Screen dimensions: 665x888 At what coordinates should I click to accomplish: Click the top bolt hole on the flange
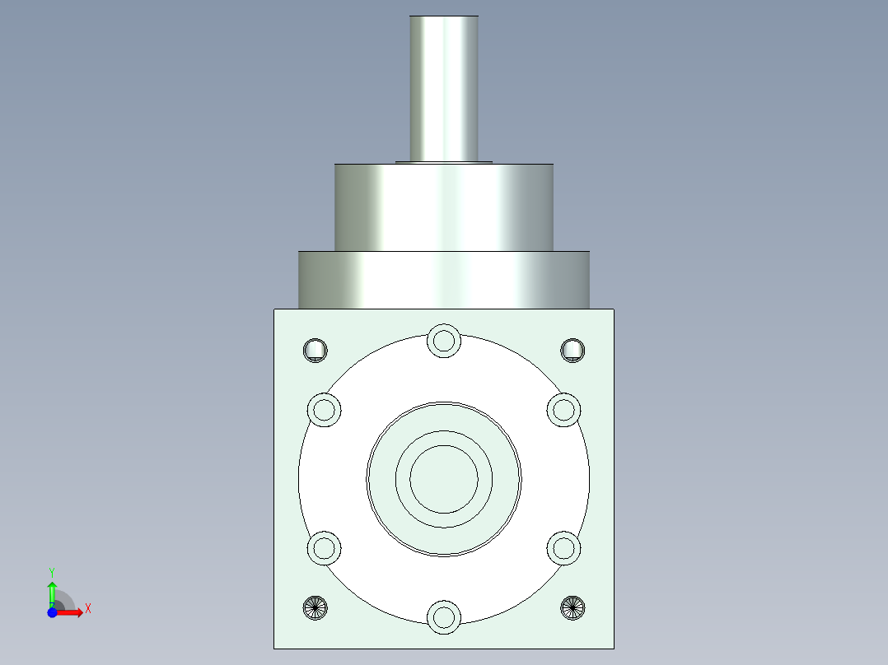pyautogui.click(x=443, y=340)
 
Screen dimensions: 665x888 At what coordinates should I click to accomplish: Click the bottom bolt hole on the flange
pyautogui.click(x=443, y=616)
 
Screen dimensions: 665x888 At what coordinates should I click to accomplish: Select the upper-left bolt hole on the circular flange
pyautogui.click(x=324, y=409)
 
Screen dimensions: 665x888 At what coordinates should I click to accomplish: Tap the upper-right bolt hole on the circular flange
pyautogui.click(x=564, y=409)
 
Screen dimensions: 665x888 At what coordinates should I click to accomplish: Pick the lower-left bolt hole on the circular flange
pyautogui.click(x=324, y=547)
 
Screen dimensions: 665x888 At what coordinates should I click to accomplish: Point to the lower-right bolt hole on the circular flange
pyautogui.click(x=564, y=547)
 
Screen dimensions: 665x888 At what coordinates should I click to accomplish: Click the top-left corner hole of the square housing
pyautogui.click(x=315, y=350)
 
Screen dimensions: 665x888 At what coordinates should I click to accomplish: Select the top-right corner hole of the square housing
pyautogui.click(x=573, y=350)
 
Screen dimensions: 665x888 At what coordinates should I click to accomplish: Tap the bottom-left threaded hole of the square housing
pyautogui.click(x=315, y=607)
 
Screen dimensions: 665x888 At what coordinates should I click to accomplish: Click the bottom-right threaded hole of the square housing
pyautogui.click(x=573, y=607)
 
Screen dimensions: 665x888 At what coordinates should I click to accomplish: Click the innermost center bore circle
pyautogui.click(x=443, y=478)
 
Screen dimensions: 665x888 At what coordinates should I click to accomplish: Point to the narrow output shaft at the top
pyautogui.click(x=444, y=91)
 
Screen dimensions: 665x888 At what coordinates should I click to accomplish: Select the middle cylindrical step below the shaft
pyautogui.click(x=443, y=207)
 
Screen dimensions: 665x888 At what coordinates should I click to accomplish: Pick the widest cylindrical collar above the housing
pyautogui.click(x=443, y=280)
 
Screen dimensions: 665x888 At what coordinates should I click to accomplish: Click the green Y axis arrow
pyautogui.click(x=52, y=590)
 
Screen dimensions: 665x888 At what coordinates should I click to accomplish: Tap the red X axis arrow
pyautogui.click(x=72, y=612)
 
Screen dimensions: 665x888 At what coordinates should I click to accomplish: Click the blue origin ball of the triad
pyautogui.click(x=52, y=612)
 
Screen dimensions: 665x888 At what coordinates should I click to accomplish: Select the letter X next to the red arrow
pyautogui.click(x=87, y=609)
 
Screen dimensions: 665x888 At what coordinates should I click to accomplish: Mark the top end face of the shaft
pyautogui.click(x=444, y=16)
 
